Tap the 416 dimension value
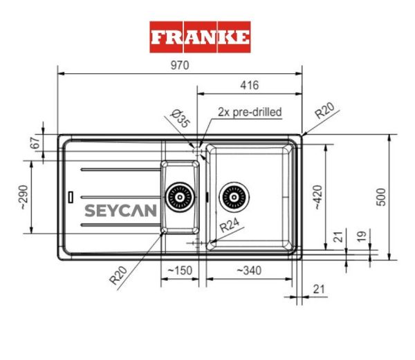[x=249, y=86]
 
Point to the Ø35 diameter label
[x=181, y=119]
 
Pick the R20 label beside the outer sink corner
[x=324, y=111]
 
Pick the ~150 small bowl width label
[x=180, y=271]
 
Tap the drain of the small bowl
[x=179, y=197]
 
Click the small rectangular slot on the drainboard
[x=71, y=196]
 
